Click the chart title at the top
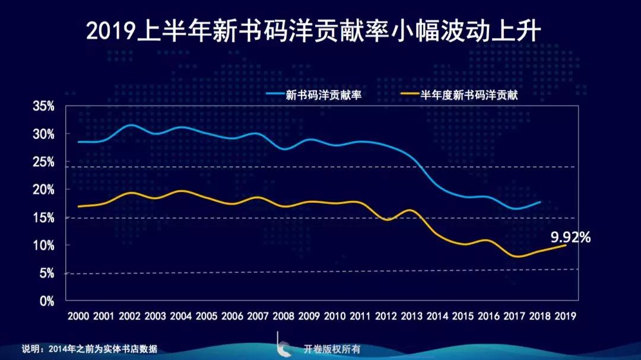pyautogui.click(x=313, y=31)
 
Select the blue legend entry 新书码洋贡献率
pyautogui.click(x=323, y=94)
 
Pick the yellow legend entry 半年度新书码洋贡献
pyautogui.click(x=469, y=94)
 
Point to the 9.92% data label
pyautogui.click(x=570, y=237)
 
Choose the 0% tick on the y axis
pyautogui.click(x=47, y=301)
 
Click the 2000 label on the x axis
pyautogui.click(x=78, y=317)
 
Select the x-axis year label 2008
pyautogui.click(x=283, y=317)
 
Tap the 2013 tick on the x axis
pyautogui.click(x=411, y=317)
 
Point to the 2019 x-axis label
pyautogui.click(x=564, y=317)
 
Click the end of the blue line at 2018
pyautogui.click(x=540, y=202)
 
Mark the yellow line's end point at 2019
pyautogui.click(x=565, y=245)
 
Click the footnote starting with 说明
pyautogui.click(x=90, y=349)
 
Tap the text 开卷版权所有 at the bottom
pyautogui.click(x=332, y=349)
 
